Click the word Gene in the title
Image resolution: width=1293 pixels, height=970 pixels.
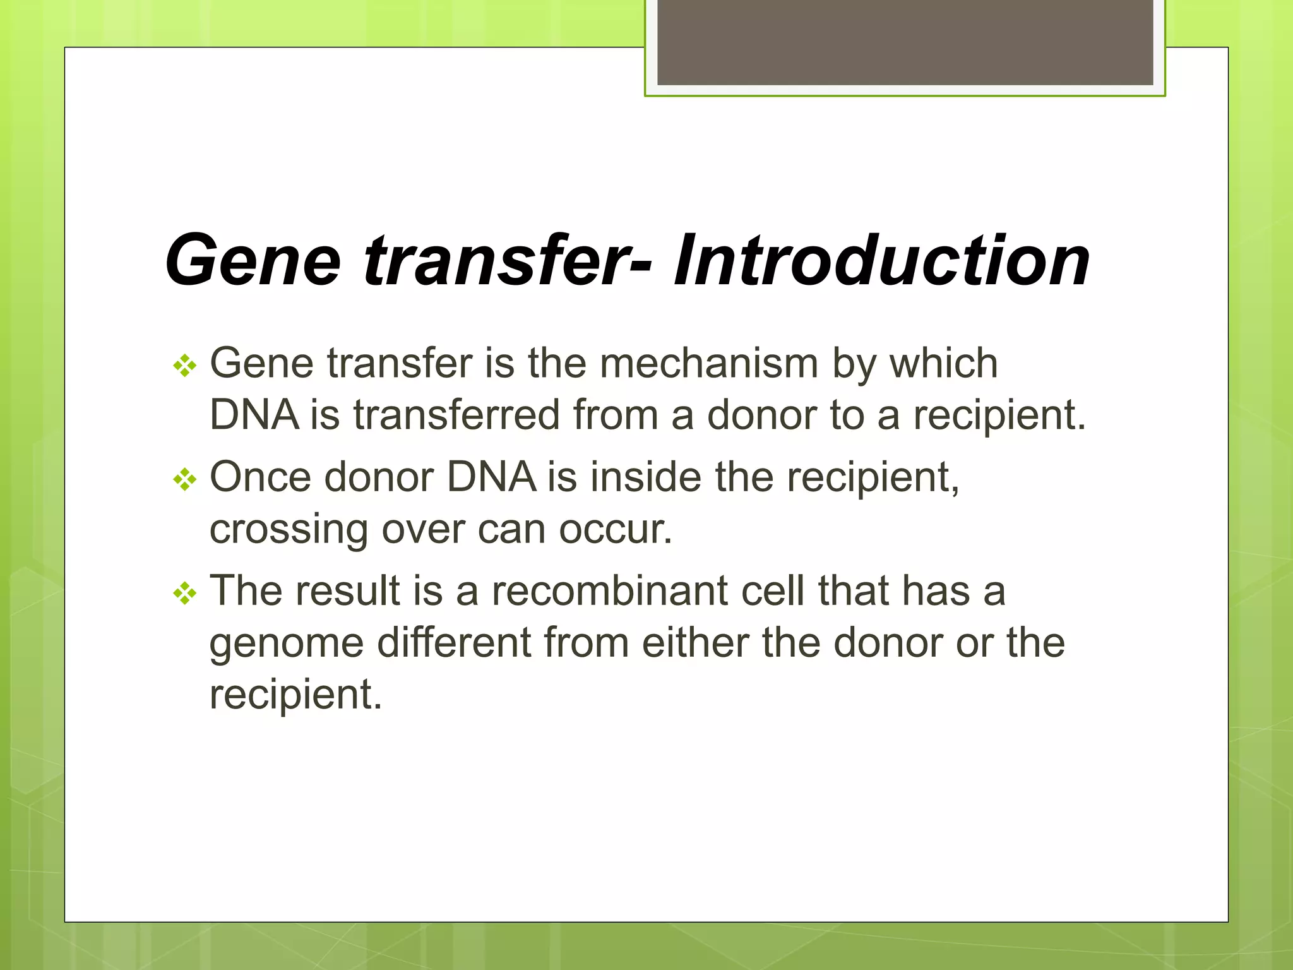[253, 260]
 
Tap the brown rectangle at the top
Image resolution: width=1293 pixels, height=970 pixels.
[905, 42]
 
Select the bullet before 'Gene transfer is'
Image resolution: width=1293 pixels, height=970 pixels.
[185, 366]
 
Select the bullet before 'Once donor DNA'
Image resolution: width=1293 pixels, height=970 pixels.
[185, 479]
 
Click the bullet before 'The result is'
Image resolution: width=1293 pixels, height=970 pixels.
[185, 593]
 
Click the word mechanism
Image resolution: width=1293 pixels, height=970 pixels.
[708, 364]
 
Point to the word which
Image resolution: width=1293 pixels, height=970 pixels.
[943, 364]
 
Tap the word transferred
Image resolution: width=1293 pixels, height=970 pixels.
[456, 416]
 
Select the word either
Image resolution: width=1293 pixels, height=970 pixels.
[695, 643]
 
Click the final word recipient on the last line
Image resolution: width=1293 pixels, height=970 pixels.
[295, 695]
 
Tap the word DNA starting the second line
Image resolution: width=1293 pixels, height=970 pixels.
[254, 416]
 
